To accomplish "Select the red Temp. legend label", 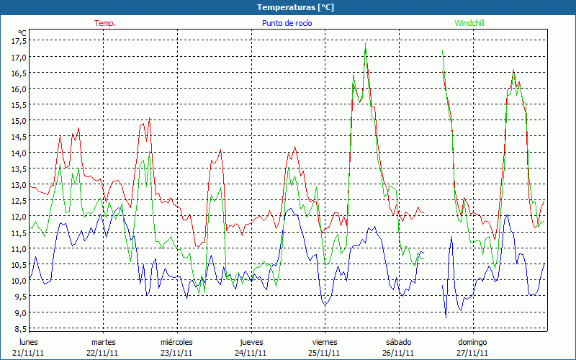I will pyautogui.click(x=105, y=23).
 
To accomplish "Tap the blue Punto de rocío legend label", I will pyautogui.click(x=287, y=23).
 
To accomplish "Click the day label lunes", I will pyautogui.click(x=29, y=342).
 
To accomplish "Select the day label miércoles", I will pyautogui.click(x=176, y=342).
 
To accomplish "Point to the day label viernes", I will pyautogui.click(x=325, y=342).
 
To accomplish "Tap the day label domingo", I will pyautogui.click(x=473, y=342).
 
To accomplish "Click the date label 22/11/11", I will pyautogui.click(x=103, y=353).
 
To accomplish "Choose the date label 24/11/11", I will pyautogui.click(x=251, y=353).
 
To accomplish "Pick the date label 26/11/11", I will pyautogui.click(x=398, y=353).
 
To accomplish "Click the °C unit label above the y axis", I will pyautogui.click(x=22, y=32).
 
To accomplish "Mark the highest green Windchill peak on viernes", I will pyautogui.click(x=366, y=46).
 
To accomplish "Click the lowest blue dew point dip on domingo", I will pyautogui.click(x=446, y=317).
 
